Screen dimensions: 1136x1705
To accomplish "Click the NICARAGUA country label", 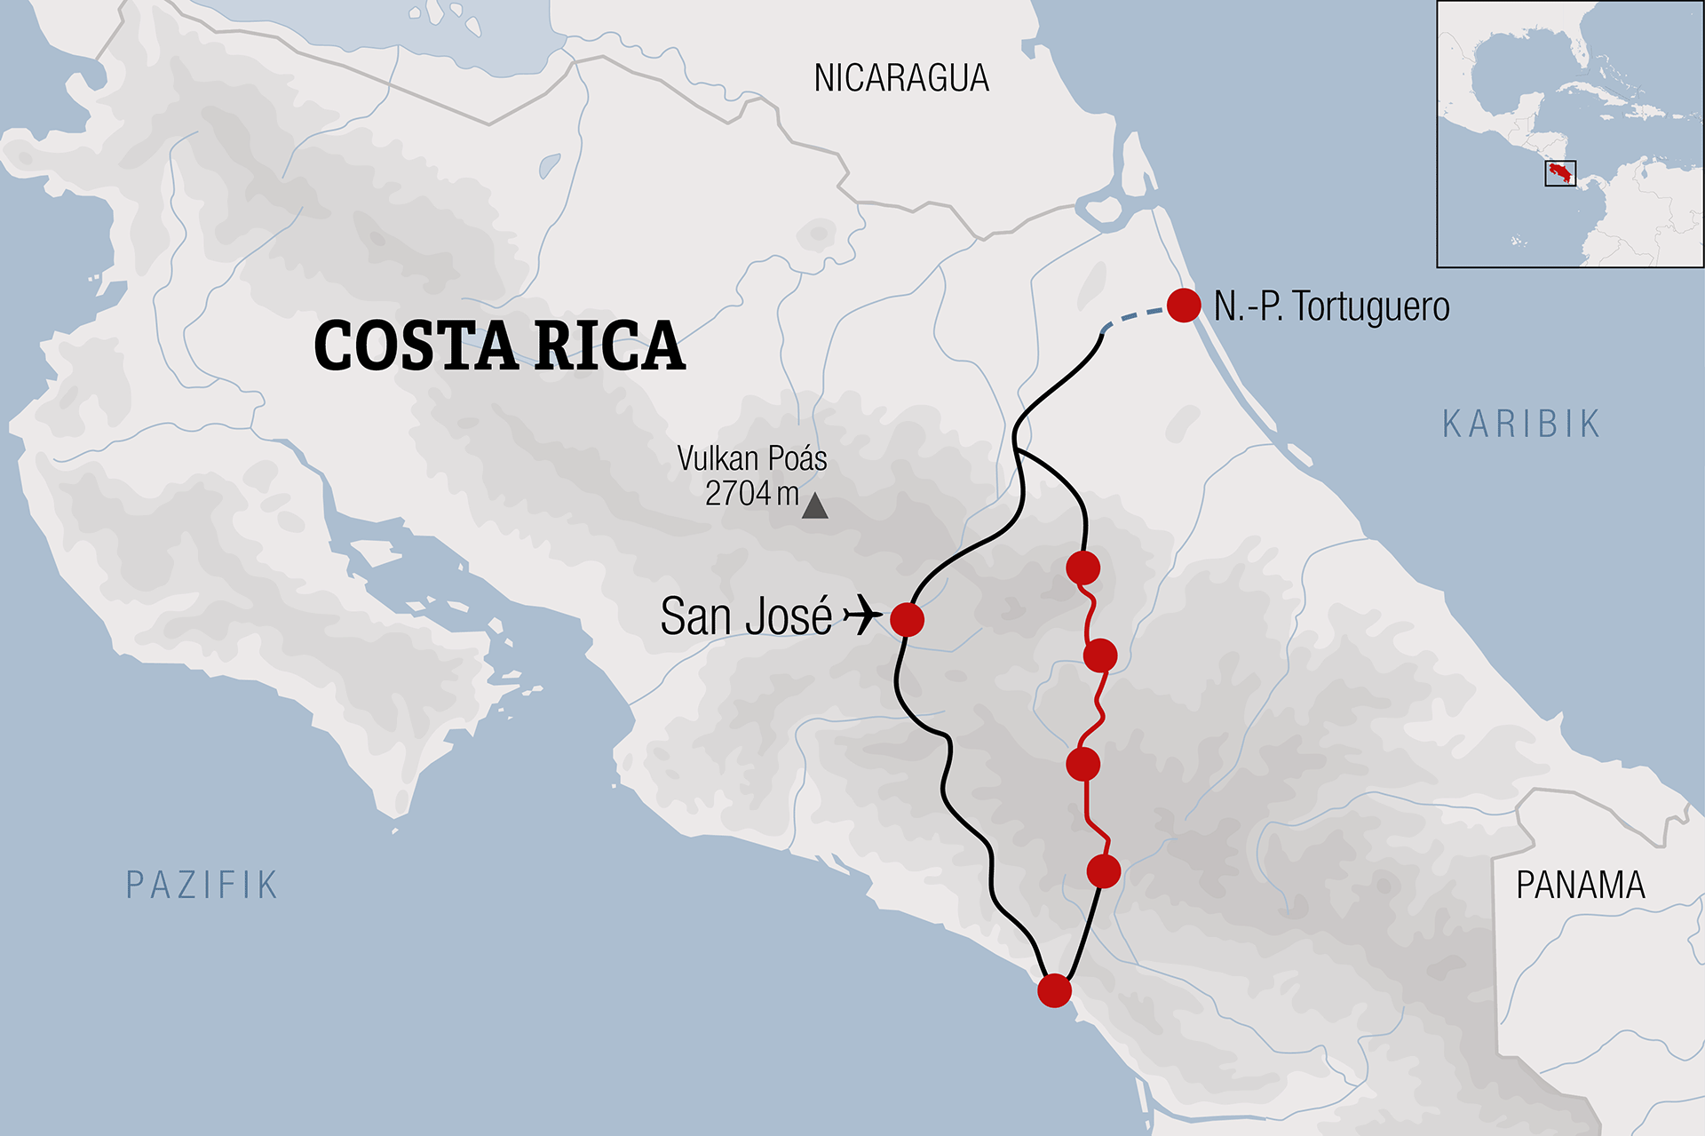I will coord(900,79).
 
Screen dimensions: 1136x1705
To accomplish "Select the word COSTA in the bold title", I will coord(416,346).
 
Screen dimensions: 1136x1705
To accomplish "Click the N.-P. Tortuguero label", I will coord(1331,307).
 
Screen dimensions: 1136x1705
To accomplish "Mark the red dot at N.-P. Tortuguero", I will coord(1184,306).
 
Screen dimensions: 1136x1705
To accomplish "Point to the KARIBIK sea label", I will coord(1520,425).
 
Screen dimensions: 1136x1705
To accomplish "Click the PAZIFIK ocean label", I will coord(202,886).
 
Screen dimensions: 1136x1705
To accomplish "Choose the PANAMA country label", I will coord(1580,886).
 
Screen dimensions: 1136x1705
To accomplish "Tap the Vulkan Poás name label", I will coord(751,459).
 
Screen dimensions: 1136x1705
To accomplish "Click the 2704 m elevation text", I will coord(751,494).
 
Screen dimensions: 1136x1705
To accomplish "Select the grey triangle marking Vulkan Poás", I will coord(814,507).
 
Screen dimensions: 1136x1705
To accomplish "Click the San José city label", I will coord(746,616).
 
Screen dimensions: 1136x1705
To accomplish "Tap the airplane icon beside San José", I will coord(861,615).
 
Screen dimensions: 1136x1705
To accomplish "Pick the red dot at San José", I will coord(907,619).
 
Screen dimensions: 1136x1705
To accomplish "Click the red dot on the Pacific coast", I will coord(1054,989).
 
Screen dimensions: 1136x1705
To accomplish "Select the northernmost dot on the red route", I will coord(1082,568).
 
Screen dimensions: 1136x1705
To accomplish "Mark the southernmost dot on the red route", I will coord(1104,871).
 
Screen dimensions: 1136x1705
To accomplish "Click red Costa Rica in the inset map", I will coord(1558,171).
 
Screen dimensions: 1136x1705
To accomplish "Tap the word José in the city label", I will coord(789,616).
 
